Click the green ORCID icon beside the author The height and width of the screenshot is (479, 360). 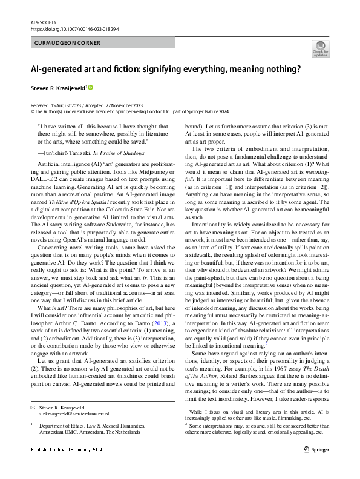click(x=91, y=88)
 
